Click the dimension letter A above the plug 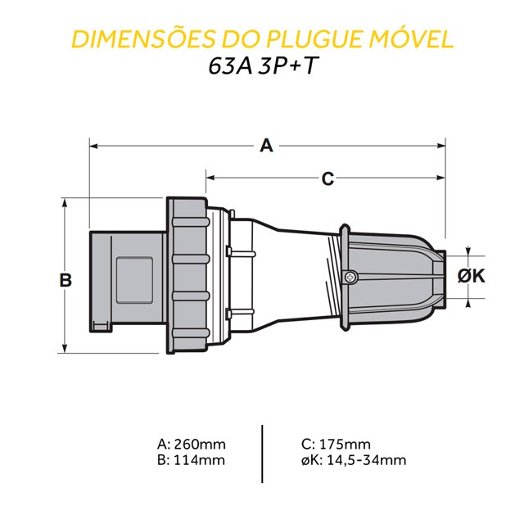[x=266, y=146]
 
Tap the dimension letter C [x=327, y=178]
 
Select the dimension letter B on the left [x=65, y=280]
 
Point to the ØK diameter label [x=472, y=277]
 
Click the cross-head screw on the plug [x=350, y=277]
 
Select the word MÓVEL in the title [x=412, y=38]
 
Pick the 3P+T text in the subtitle [x=287, y=65]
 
